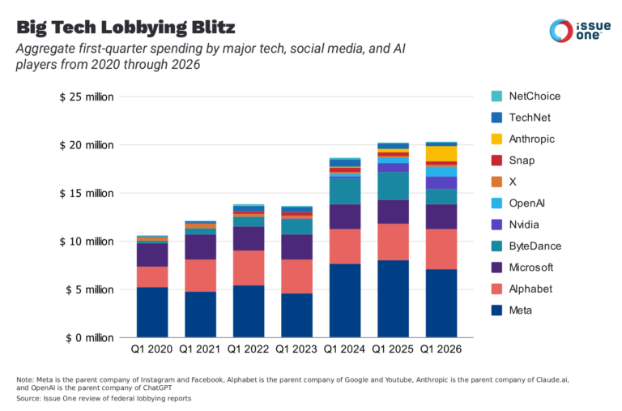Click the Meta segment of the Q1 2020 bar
pos(151,312)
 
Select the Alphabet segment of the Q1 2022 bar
pos(248,268)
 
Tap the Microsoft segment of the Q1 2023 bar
pos(296,246)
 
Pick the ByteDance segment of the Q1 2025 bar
pos(393,186)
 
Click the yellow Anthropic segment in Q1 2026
pos(441,153)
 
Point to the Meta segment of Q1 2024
pos(344,300)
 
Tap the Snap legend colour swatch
pos(496,161)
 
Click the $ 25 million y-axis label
pos(87,97)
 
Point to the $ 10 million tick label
pos(87,242)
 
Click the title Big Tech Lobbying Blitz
pos(126,28)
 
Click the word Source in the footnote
pos(29,398)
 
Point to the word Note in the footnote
pos(24,380)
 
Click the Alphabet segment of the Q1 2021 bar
pos(200,275)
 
